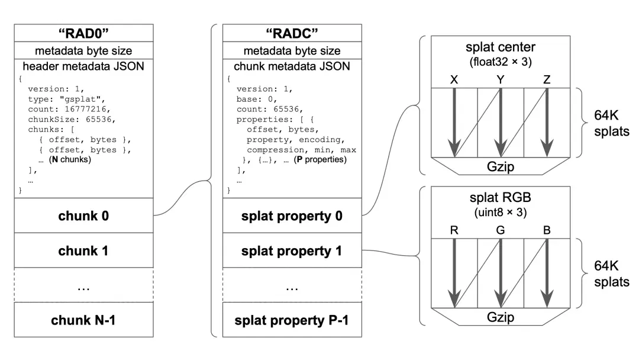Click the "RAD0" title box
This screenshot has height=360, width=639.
tap(83, 33)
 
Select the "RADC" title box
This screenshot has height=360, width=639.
tap(292, 33)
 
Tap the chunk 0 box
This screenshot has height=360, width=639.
tap(83, 216)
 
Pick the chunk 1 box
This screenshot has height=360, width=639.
tap(83, 250)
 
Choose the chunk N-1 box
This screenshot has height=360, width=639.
tap(83, 320)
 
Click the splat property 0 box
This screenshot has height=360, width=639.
tap(292, 216)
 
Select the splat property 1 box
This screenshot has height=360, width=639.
tap(292, 250)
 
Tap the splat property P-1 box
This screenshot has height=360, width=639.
tap(292, 320)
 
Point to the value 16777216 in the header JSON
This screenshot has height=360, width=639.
tap(85, 110)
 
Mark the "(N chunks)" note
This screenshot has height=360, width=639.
tap(70, 159)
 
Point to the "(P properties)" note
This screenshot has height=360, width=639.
tap(320, 159)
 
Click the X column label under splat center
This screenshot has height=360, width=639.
tap(454, 79)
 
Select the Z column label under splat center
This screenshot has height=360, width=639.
tap(547, 79)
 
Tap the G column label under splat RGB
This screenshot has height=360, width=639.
tap(501, 230)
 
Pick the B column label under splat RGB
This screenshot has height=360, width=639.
tap(547, 230)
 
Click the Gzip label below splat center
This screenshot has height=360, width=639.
tap(501, 166)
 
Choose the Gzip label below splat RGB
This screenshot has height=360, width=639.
tap(501, 317)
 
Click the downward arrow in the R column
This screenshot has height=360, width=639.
tap(454, 273)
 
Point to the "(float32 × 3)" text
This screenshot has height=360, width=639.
tap(501, 62)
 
